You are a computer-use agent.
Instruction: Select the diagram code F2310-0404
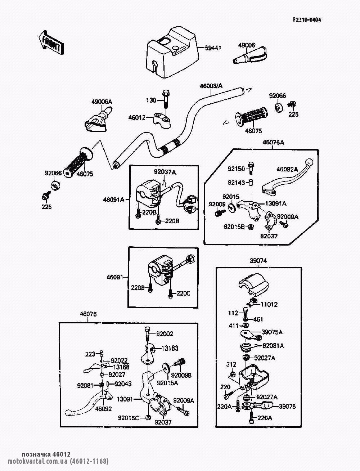306,19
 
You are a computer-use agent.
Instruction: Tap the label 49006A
102,102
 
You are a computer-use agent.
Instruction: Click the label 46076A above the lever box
273,143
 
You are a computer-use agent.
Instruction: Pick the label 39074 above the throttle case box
258,261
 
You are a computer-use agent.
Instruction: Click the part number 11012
269,304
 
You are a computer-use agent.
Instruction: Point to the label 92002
165,334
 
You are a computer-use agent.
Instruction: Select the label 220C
183,293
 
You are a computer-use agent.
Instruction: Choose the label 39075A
272,332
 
